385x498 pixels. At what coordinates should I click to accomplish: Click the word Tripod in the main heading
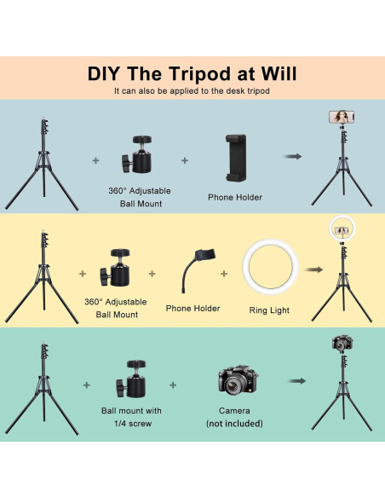point(200,73)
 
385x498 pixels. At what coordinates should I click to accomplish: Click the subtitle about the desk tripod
point(192,91)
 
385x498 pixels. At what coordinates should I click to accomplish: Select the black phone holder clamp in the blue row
point(236,158)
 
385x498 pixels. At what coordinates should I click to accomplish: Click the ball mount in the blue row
point(137,154)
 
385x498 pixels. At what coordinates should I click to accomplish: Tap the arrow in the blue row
point(293,156)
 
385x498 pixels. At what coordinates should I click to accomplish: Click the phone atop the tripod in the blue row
point(342,117)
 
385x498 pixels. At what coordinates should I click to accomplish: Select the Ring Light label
point(269,310)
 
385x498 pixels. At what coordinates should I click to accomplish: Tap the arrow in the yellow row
point(314,269)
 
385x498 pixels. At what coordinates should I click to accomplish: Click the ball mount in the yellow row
point(116,268)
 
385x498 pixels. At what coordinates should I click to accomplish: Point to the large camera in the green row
point(238,379)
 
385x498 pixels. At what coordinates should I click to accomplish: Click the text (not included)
point(234,423)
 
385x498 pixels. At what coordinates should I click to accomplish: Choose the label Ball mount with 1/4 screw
point(132,417)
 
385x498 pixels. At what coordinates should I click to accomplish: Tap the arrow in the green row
point(297,381)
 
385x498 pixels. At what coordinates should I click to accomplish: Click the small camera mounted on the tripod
point(342,343)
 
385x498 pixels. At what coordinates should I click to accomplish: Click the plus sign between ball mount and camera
point(173,385)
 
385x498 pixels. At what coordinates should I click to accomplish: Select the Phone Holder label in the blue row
point(235,197)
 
